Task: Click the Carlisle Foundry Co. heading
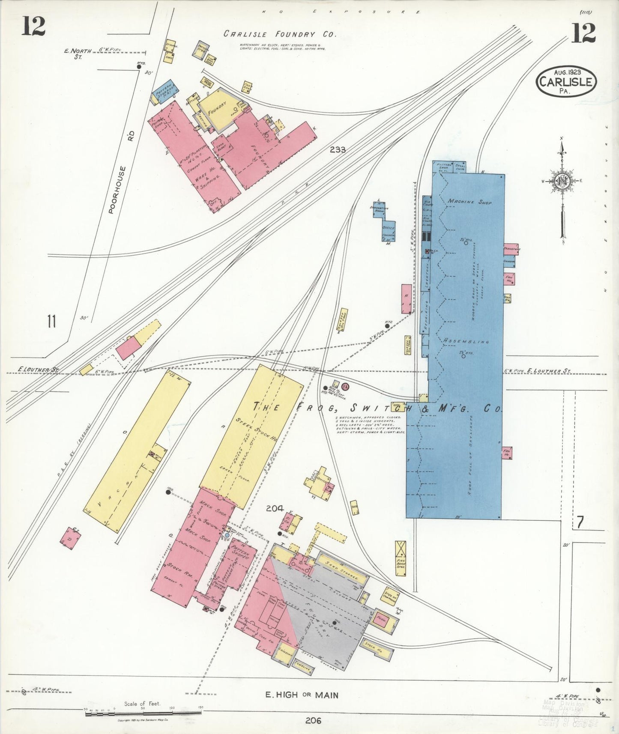pyautogui.click(x=280, y=35)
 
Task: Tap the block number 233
pyautogui.click(x=338, y=150)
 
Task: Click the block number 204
pyautogui.click(x=274, y=508)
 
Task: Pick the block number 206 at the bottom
pyautogui.click(x=314, y=721)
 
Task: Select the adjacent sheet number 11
pyautogui.click(x=52, y=321)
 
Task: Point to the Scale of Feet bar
pyautogui.click(x=143, y=713)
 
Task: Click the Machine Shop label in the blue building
pyautogui.click(x=469, y=201)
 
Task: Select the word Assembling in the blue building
pyautogui.click(x=466, y=341)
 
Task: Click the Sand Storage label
pyautogui.click(x=341, y=567)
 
